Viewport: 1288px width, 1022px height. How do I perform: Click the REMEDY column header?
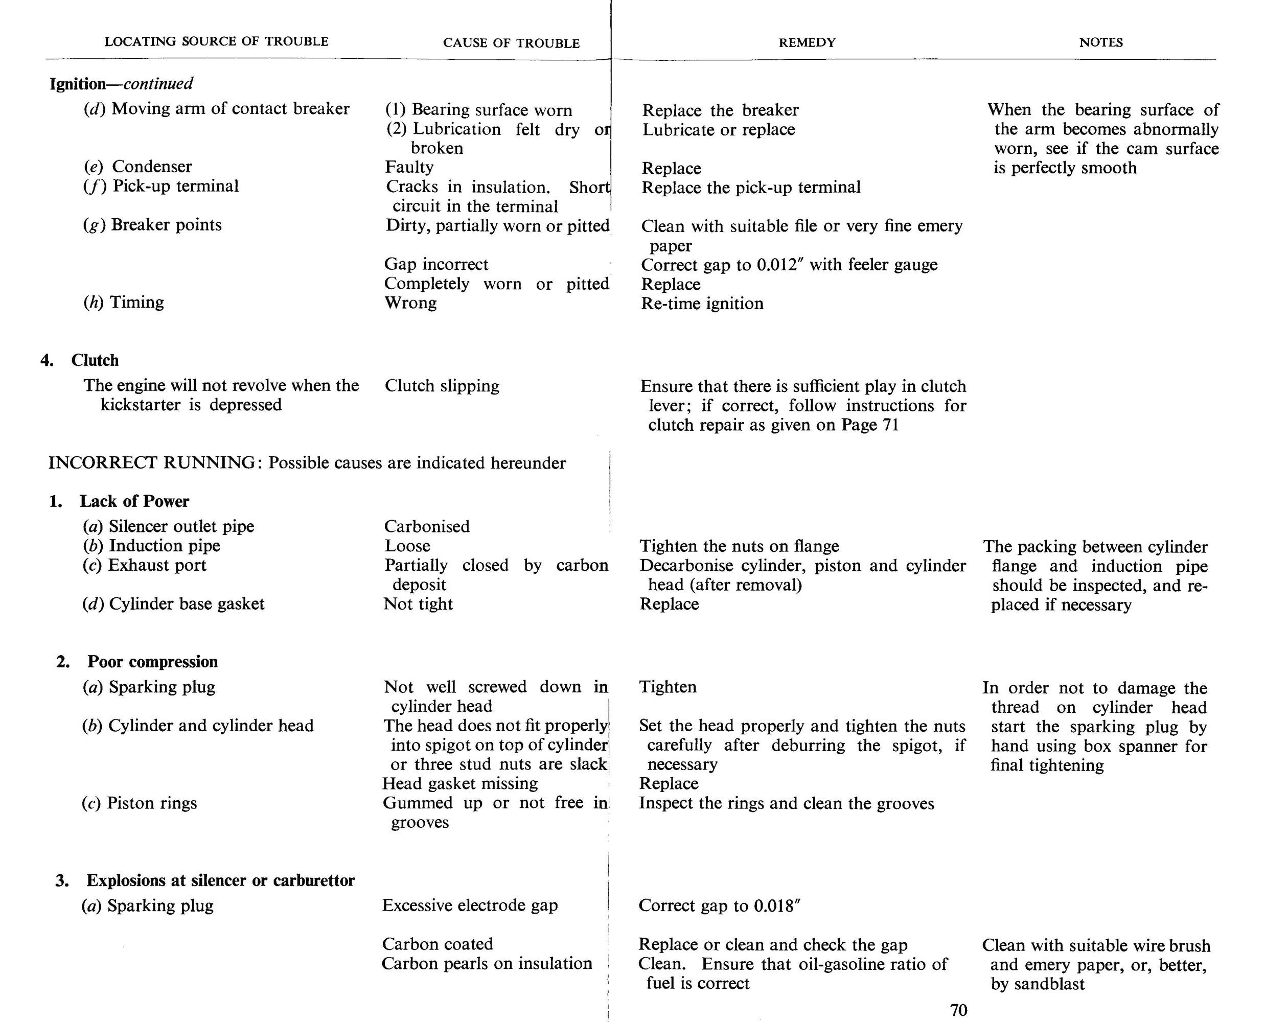point(807,42)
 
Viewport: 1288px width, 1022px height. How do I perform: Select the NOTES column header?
point(1100,42)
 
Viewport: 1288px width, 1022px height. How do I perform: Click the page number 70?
point(958,1010)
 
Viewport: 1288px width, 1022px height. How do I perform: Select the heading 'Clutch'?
point(95,360)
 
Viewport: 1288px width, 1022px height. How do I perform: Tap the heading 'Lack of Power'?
point(134,501)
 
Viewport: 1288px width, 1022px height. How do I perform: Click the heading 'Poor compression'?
point(152,662)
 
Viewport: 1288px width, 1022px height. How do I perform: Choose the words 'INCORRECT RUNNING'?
point(152,463)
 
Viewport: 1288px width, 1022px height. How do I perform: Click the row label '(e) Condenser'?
point(138,167)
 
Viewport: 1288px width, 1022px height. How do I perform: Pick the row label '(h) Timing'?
point(124,302)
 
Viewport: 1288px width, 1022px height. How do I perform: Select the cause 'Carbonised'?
point(427,526)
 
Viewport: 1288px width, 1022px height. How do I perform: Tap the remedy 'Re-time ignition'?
point(702,304)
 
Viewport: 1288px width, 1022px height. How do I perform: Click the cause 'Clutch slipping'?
point(442,386)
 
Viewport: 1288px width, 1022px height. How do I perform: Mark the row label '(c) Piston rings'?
point(139,803)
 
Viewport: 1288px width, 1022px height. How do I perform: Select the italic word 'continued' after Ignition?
point(158,84)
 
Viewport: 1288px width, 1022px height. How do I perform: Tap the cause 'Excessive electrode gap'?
point(470,905)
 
